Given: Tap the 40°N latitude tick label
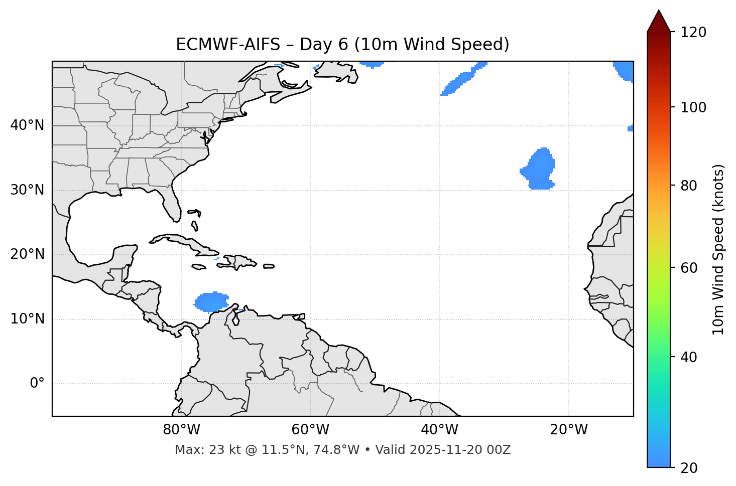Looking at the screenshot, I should click(x=27, y=125).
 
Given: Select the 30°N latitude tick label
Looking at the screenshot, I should click(x=27, y=190).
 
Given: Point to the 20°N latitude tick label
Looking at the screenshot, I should click(x=27, y=254).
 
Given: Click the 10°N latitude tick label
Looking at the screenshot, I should click(x=27, y=319).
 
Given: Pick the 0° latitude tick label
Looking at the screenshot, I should click(x=37, y=384).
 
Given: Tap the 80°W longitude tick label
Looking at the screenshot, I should click(x=181, y=430).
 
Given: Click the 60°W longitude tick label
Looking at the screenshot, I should click(x=310, y=430).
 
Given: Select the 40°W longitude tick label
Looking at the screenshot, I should click(x=439, y=430).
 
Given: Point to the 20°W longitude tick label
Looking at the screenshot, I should click(x=568, y=430).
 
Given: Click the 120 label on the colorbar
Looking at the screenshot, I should click(x=693, y=33).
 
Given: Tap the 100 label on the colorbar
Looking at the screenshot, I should click(x=693, y=107).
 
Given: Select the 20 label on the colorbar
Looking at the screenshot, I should click(x=689, y=468).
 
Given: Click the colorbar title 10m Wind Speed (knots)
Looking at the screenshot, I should click(x=718, y=249).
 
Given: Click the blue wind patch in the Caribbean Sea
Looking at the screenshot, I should click(x=211, y=302).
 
